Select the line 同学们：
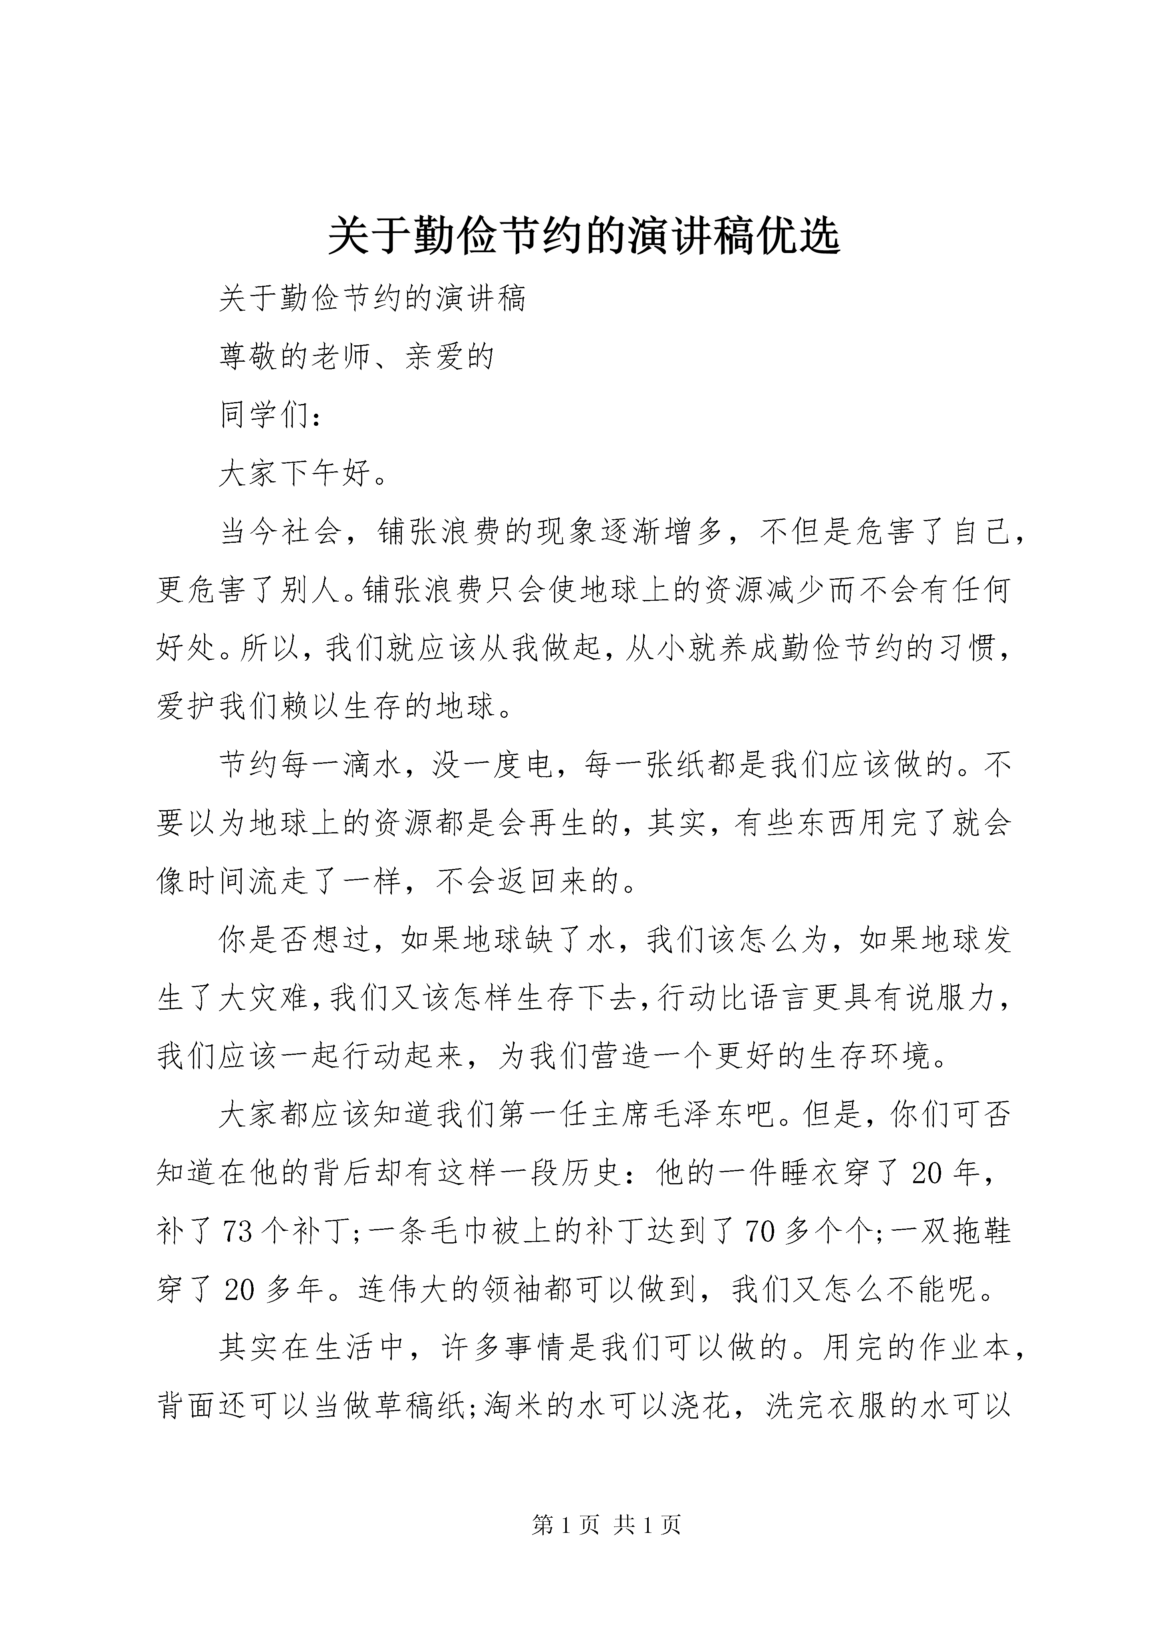point(271,415)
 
